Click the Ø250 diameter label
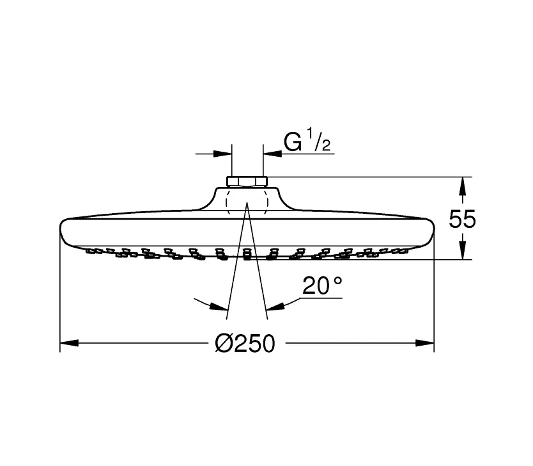tap(245, 343)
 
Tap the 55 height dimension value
tap(462, 219)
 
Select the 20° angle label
tap(322, 285)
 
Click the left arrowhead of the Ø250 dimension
tap(69, 342)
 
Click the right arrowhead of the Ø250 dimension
tap(425, 342)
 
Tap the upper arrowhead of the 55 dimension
tap(462, 186)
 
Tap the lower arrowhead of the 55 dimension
tap(462, 250)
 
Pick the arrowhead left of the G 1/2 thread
tap(222, 154)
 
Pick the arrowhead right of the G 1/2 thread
tap(273, 154)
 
